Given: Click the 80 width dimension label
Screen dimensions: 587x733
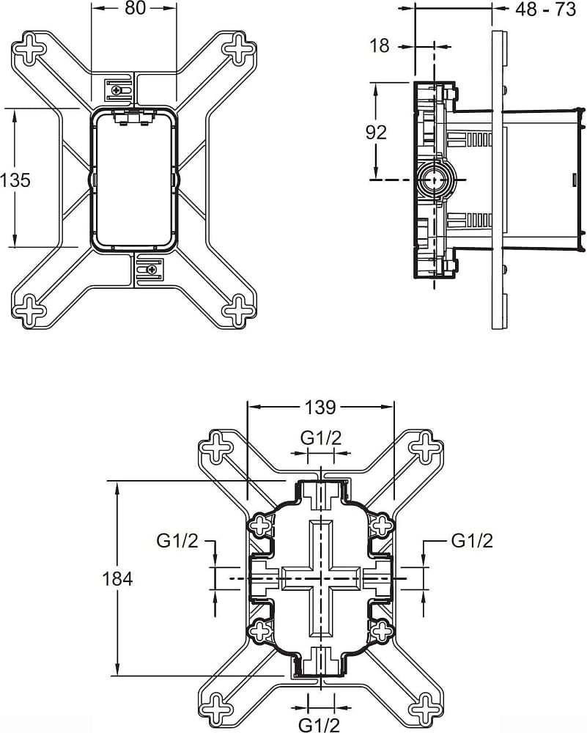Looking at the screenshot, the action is [x=135, y=8].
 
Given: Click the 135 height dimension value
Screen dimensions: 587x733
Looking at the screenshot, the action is [x=15, y=180].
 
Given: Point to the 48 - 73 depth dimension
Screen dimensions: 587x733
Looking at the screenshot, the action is [x=545, y=9].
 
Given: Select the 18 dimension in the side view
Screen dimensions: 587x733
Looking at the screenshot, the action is [x=380, y=45].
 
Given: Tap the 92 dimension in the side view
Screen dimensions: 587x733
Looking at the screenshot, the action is [x=376, y=133].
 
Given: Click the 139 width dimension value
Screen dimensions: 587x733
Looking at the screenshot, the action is [x=320, y=407].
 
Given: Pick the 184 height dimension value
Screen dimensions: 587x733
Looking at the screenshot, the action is [x=118, y=579].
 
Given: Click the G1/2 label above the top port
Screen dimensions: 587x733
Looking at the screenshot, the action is [x=321, y=438].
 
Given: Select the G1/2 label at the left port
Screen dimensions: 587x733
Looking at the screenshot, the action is [x=177, y=541].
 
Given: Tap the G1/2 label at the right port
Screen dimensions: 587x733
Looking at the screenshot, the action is [x=472, y=541].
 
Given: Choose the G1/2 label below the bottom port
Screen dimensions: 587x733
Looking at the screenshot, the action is [x=320, y=725].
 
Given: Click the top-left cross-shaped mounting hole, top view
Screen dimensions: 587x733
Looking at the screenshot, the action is [x=29, y=47].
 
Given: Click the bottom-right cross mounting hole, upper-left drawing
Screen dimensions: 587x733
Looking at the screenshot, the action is [x=239, y=309].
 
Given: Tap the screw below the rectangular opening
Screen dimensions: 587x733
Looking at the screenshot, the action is [x=151, y=270].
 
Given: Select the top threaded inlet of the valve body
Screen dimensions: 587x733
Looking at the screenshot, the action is [x=321, y=495].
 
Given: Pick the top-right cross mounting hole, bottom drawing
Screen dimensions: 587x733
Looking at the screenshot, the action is [x=425, y=446].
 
